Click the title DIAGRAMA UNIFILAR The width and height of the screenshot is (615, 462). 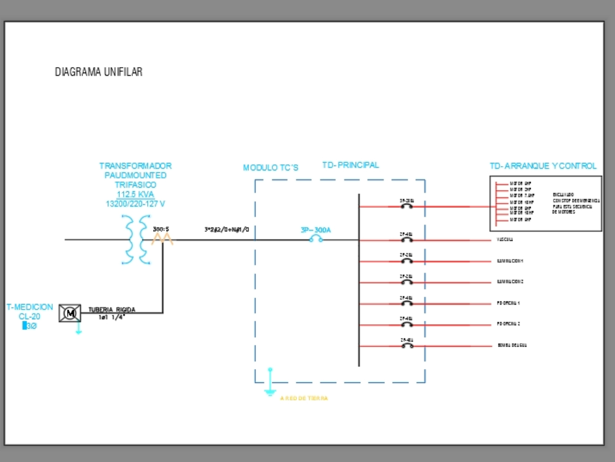click(x=98, y=72)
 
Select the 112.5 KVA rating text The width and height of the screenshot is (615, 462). click(x=135, y=194)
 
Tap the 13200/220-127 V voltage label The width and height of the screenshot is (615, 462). click(x=135, y=204)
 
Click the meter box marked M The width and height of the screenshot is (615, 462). click(x=69, y=313)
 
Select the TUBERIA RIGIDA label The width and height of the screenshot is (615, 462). click(x=112, y=310)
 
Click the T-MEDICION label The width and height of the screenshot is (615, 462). click(x=30, y=307)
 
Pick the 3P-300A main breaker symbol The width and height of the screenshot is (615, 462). click(x=316, y=239)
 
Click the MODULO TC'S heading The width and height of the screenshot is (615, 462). click(x=271, y=168)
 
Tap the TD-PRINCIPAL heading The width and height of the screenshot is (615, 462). click(x=351, y=165)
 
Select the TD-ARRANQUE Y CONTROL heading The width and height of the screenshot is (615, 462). click(x=543, y=166)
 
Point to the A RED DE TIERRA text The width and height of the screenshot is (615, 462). click(x=304, y=399)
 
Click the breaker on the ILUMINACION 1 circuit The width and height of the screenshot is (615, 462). click(x=407, y=260)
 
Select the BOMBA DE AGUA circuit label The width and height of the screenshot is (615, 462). click(x=512, y=346)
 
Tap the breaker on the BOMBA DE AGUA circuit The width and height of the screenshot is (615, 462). click(x=407, y=346)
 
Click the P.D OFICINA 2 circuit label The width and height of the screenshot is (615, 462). click(x=509, y=324)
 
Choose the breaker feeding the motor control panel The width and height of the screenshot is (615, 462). click(x=407, y=206)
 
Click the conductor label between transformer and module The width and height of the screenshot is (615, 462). click(x=226, y=230)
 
